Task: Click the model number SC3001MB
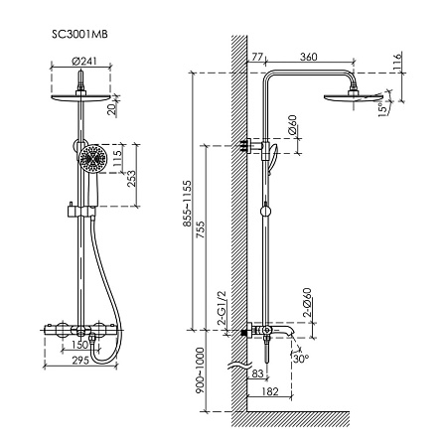click(79, 34)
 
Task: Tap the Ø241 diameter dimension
click(84, 62)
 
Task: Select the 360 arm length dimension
click(309, 57)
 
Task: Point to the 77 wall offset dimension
click(257, 57)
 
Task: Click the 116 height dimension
click(396, 61)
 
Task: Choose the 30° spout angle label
click(301, 358)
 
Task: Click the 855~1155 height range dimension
click(188, 204)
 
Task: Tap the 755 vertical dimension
click(201, 229)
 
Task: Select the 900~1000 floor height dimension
click(200, 371)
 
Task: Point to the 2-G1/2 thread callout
click(222, 308)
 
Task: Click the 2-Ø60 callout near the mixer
click(308, 303)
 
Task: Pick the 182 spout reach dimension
click(270, 391)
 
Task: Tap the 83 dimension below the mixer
click(257, 373)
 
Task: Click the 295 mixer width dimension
click(80, 361)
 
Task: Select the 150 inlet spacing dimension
click(80, 345)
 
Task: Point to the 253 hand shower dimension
click(131, 178)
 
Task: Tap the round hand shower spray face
click(92, 158)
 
